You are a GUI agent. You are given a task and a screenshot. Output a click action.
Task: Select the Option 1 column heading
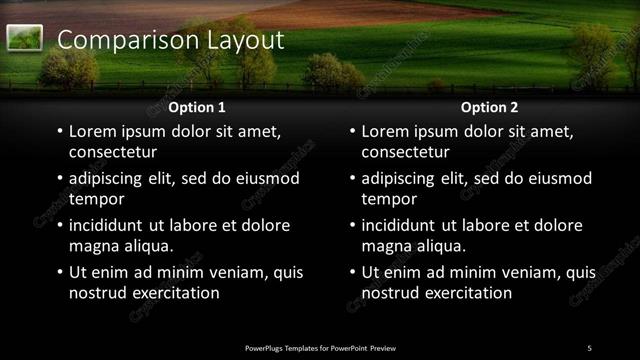click(x=197, y=107)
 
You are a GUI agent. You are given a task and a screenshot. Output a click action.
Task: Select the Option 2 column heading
click(x=489, y=107)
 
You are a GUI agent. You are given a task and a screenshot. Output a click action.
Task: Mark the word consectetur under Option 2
click(x=405, y=152)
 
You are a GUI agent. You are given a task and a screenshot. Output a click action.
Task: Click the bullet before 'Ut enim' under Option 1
click(x=59, y=273)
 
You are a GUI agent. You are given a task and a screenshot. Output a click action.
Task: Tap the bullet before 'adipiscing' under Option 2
click(x=351, y=179)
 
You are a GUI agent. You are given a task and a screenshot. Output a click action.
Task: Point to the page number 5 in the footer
click(x=589, y=347)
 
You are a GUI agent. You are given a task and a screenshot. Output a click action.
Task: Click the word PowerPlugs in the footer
click(x=267, y=348)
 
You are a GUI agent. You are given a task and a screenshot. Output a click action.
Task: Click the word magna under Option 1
click(x=91, y=246)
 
